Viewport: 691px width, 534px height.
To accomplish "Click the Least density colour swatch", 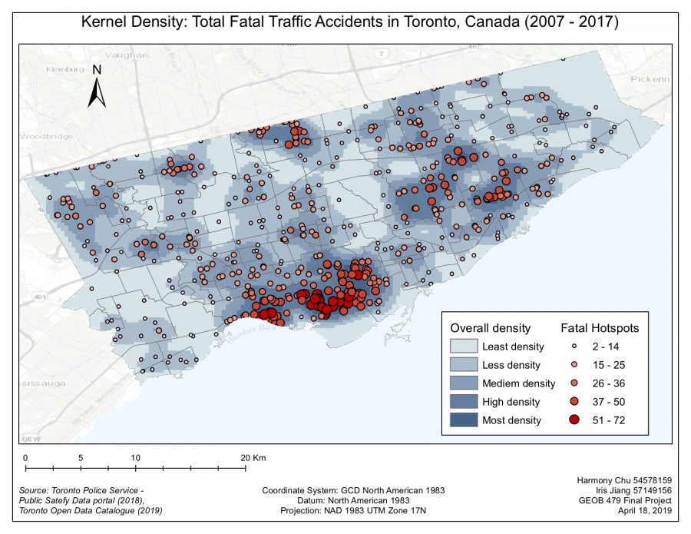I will [x=464, y=347].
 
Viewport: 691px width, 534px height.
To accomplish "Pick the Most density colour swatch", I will [x=464, y=420].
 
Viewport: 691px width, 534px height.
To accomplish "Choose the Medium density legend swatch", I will [x=464, y=383].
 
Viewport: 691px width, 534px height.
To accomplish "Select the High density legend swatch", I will [x=464, y=402].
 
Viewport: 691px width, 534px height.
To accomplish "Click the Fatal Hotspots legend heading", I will [x=600, y=327].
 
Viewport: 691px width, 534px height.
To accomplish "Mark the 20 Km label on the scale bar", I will [x=252, y=457].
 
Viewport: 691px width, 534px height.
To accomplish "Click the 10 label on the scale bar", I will [x=136, y=457].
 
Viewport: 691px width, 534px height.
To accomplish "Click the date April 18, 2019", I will [x=643, y=510].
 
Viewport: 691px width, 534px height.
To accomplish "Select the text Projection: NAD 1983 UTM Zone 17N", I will [x=352, y=510].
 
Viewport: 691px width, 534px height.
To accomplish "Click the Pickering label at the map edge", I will [x=650, y=79].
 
